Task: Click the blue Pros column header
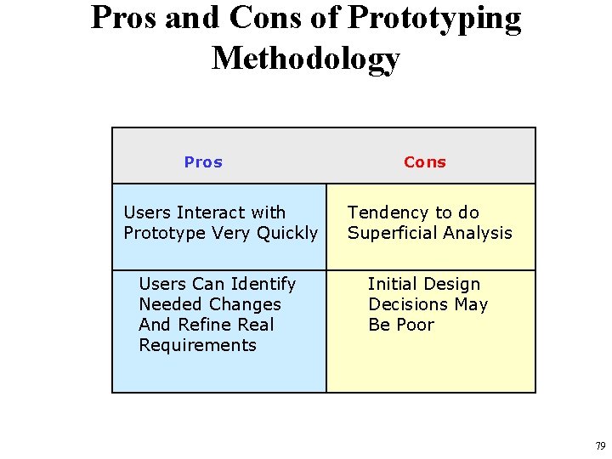coord(203,162)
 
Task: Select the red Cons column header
coord(424,162)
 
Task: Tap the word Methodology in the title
coord(305,58)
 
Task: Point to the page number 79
coord(600,446)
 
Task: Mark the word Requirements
coord(197,345)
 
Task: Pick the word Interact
coord(209,212)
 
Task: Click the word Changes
coord(246,304)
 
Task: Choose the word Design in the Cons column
coord(451,284)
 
